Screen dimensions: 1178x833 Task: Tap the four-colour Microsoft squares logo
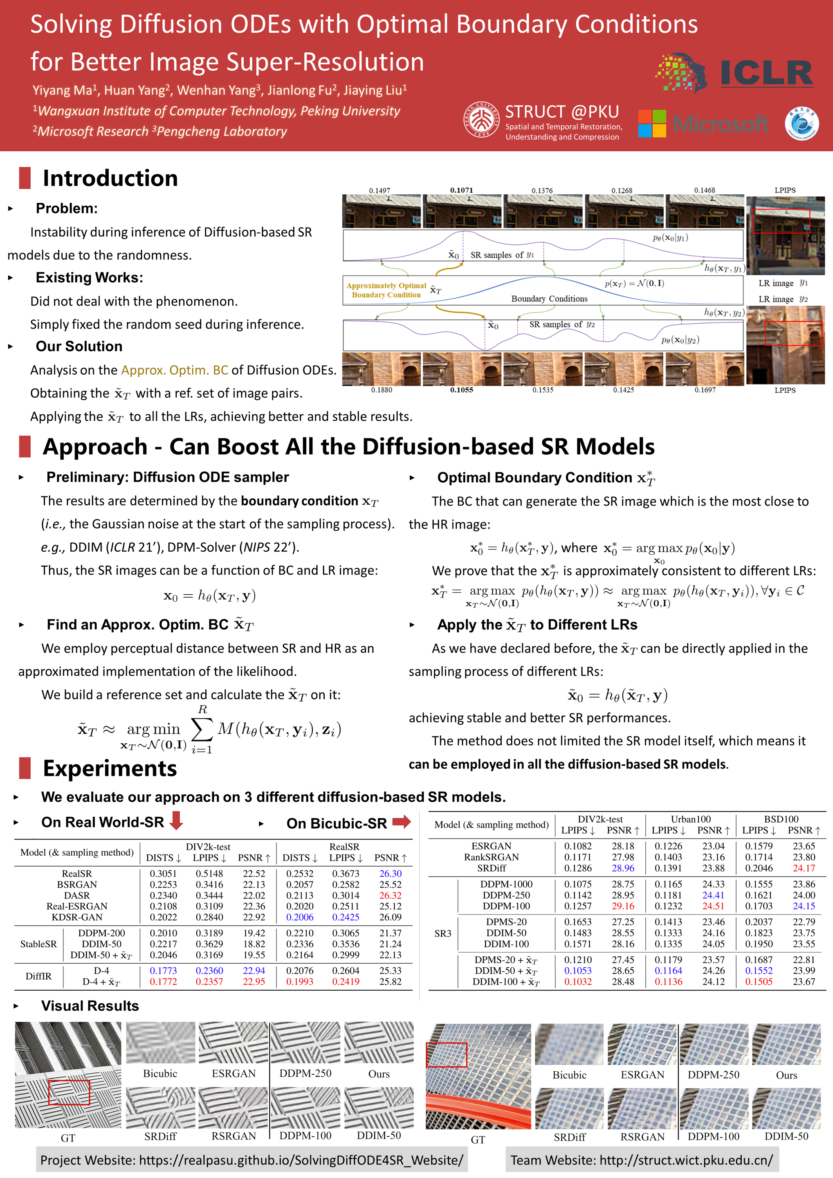pos(652,124)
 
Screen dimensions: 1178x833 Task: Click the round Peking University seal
pos(482,119)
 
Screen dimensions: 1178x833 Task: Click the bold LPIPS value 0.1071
pos(462,190)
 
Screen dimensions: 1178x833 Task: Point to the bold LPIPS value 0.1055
pos(462,390)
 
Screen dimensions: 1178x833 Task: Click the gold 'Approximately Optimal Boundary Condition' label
pos(386,290)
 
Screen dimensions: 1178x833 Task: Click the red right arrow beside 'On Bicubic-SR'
pos(402,821)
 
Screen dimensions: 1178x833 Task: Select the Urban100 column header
pos(690,819)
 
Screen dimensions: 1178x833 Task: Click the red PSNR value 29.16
pos(623,906)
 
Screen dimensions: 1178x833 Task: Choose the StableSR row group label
pos(38,944)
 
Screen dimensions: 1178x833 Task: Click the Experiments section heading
pos(110,769)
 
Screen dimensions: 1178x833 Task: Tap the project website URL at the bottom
pos(301,1160)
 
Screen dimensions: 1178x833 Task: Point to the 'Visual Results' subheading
pos(90,1006)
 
